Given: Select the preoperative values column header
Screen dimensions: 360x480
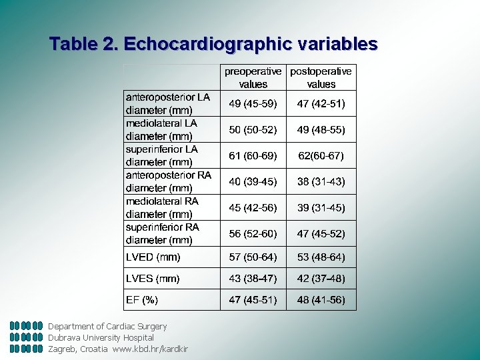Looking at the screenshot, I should coord(253,77).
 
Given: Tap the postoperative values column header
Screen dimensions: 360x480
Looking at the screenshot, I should coord(321,77).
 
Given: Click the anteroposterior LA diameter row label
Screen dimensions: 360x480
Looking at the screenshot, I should coord(168,103).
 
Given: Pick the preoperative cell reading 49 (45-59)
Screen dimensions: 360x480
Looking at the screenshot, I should coord(253,103).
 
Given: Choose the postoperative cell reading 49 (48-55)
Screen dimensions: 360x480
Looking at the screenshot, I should coord(321,129).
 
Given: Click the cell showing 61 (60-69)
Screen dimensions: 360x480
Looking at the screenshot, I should coord(253,155).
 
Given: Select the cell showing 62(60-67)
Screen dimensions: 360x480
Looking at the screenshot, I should coord(321,155).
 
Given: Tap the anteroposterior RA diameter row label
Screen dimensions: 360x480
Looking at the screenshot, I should coord(169,181).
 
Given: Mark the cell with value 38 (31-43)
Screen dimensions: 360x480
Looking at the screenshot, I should coord(321,181).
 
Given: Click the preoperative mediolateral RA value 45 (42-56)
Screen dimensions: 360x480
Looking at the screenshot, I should coord(253,207).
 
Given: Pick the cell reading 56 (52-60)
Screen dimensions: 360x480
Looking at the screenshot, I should coord(253,233).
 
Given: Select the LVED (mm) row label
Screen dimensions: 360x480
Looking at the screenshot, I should coord(153,257).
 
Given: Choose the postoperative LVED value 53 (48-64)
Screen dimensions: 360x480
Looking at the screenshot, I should coord(321,257).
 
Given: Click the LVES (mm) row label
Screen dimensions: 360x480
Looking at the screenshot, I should coord(153,278).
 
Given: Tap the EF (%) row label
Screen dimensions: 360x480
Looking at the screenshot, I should coord(142,299).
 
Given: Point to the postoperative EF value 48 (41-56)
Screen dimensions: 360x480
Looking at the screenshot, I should coord(321,299).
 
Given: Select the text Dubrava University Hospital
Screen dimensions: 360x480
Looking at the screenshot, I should coord(101,337).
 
